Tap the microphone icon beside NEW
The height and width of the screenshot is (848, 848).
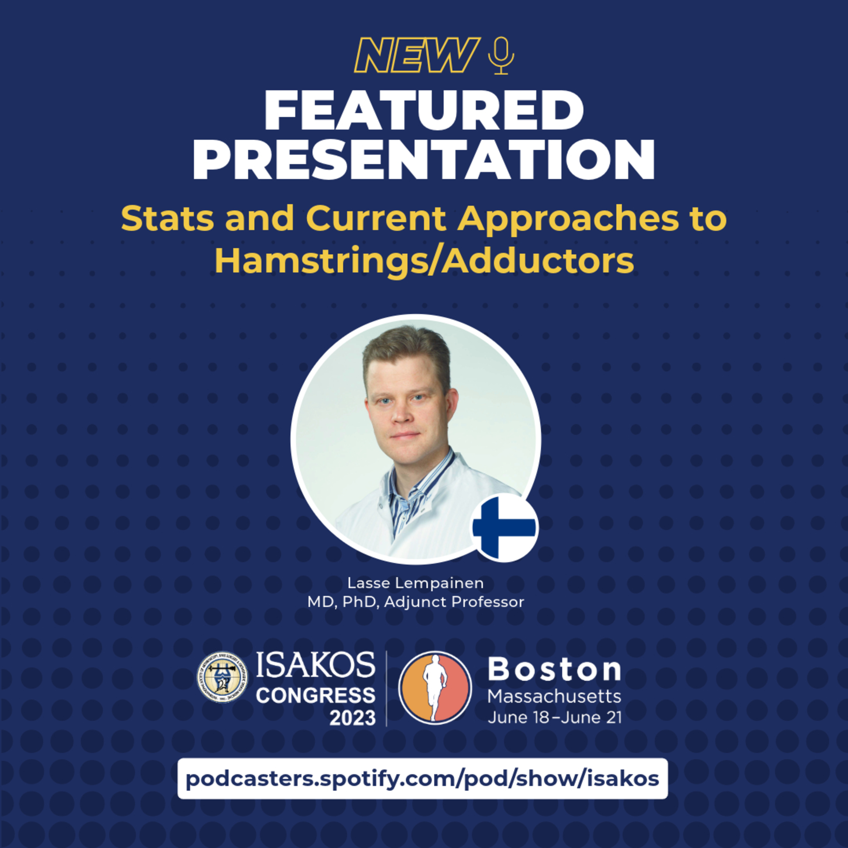click(x=501, y=55)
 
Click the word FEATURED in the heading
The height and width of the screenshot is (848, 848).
click(x=424, y=111)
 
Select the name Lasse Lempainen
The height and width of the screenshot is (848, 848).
click(x=415, y=583)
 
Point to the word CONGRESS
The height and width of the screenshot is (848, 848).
click(x=315, y=695)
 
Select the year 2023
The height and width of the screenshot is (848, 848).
click(x=352, y=718)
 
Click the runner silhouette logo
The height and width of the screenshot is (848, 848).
click(x=434, y=688)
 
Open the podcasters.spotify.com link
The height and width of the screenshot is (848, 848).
click(x=422, y=779)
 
